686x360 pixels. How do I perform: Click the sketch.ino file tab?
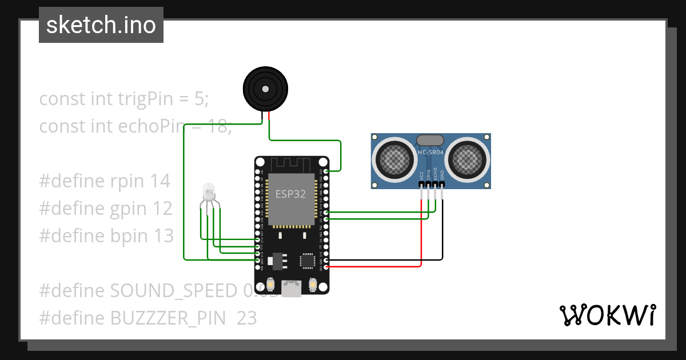[101, 25]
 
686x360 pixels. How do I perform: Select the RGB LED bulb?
[209, 191]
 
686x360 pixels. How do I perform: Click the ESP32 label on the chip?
[290, 194]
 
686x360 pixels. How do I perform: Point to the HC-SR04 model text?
[430, 151]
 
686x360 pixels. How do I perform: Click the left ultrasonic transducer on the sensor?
[395, 158]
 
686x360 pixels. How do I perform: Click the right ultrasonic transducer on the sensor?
[468, 158]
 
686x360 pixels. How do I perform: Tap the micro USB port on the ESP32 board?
[293, 289]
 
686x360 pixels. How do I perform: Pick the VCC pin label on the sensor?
[421, 175]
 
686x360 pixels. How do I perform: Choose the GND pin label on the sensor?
[442, 175]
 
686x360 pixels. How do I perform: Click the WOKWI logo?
[607, 315]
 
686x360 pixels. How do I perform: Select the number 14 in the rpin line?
[160, 181]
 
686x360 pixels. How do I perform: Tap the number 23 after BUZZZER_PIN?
[246, 318]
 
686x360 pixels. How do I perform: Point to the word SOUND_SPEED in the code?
[173, 290]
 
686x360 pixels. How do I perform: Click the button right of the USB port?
[313, 284]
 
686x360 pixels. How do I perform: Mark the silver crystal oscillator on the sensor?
[430, 140]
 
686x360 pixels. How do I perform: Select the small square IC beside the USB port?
[308, 261]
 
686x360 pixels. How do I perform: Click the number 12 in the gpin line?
[161, 209]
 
